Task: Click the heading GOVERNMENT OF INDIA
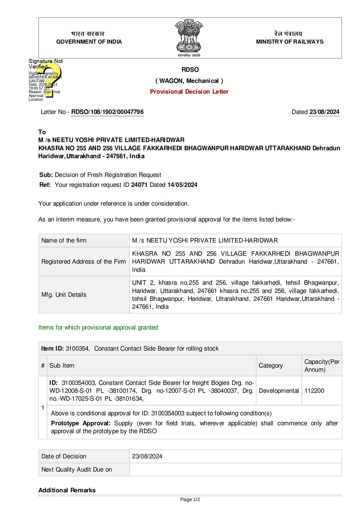pyautogui.click(x=89, y=42)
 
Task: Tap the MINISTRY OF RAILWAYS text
pyautogui.click(x=290, y=42)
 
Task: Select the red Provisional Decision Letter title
pyautogui.click(x=189, y=92)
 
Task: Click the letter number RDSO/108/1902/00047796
pyautogui.click(x=107, y=112)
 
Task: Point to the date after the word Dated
pyautogui.click(x=324, y=112)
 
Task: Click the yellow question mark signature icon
pyautogui.click(x=50, y=79)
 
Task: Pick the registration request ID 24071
pyautogui.click(x=139, y=185)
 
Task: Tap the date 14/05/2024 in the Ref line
pyautogui.click(x=182, y=185)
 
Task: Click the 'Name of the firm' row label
pyautogui.click(x=64, y=240)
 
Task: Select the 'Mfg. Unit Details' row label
pyautogui.click(x=64, y=295)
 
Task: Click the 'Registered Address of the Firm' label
pyautogui.click(x=83, y=262)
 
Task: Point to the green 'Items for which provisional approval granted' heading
pyautogui.click(x=98, y=327)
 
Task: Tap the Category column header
pyautogui.click(x=271, y=366)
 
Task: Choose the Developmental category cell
pyautogui.click(x=279, y=391)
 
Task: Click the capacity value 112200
pyautogui.click(x=314, y=391)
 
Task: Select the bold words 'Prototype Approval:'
pyautogui.click(x=81, y=423)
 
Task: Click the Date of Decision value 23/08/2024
pyautogui.click(x=147, y=456)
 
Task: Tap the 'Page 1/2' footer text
pyautogui.click(x=190, y=499)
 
